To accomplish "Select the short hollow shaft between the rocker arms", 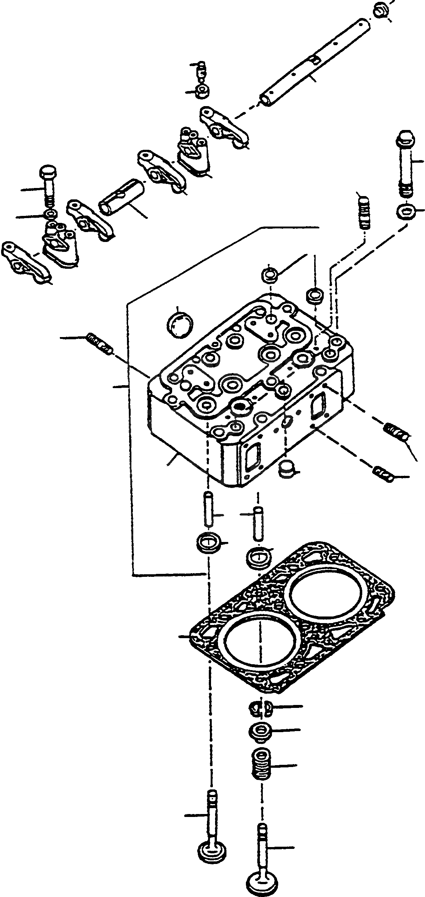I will pyautogui.click(x=121, y=195).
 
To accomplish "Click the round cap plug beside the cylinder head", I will pyautogui.click(x=180, y=323).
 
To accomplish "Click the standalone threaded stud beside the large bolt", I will pyautogui.click(x=364, y=213).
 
